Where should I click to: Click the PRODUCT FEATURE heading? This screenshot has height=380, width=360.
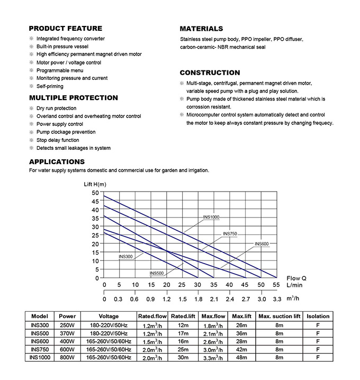[65, 28]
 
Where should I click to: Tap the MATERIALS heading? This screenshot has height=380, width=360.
[201, 29]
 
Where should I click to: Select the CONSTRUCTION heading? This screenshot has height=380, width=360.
[210, 73]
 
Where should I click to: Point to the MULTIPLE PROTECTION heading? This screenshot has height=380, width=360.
[73, 98]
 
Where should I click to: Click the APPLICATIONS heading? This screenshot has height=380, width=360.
[57, 161]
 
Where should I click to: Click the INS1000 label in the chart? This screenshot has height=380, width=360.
[211, 218]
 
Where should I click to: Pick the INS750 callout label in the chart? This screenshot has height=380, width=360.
[230, 233]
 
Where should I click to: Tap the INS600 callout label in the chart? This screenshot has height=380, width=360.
[262, 243]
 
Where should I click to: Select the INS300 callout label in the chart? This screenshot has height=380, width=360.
[125, 257]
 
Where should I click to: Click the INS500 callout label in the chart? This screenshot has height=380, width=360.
[157, 273]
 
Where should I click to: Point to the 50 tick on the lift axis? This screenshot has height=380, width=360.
[95, 193]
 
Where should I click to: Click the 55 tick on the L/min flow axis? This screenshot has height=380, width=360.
[276, 285]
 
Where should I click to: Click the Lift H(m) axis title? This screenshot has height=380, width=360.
[95, 184]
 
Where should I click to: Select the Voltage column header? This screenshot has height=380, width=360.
[109, 316]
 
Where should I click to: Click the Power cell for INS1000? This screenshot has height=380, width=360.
[67, 358]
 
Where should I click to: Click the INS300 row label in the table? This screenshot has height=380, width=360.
[40, 325]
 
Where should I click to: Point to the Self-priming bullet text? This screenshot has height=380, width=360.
[50, 86]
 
